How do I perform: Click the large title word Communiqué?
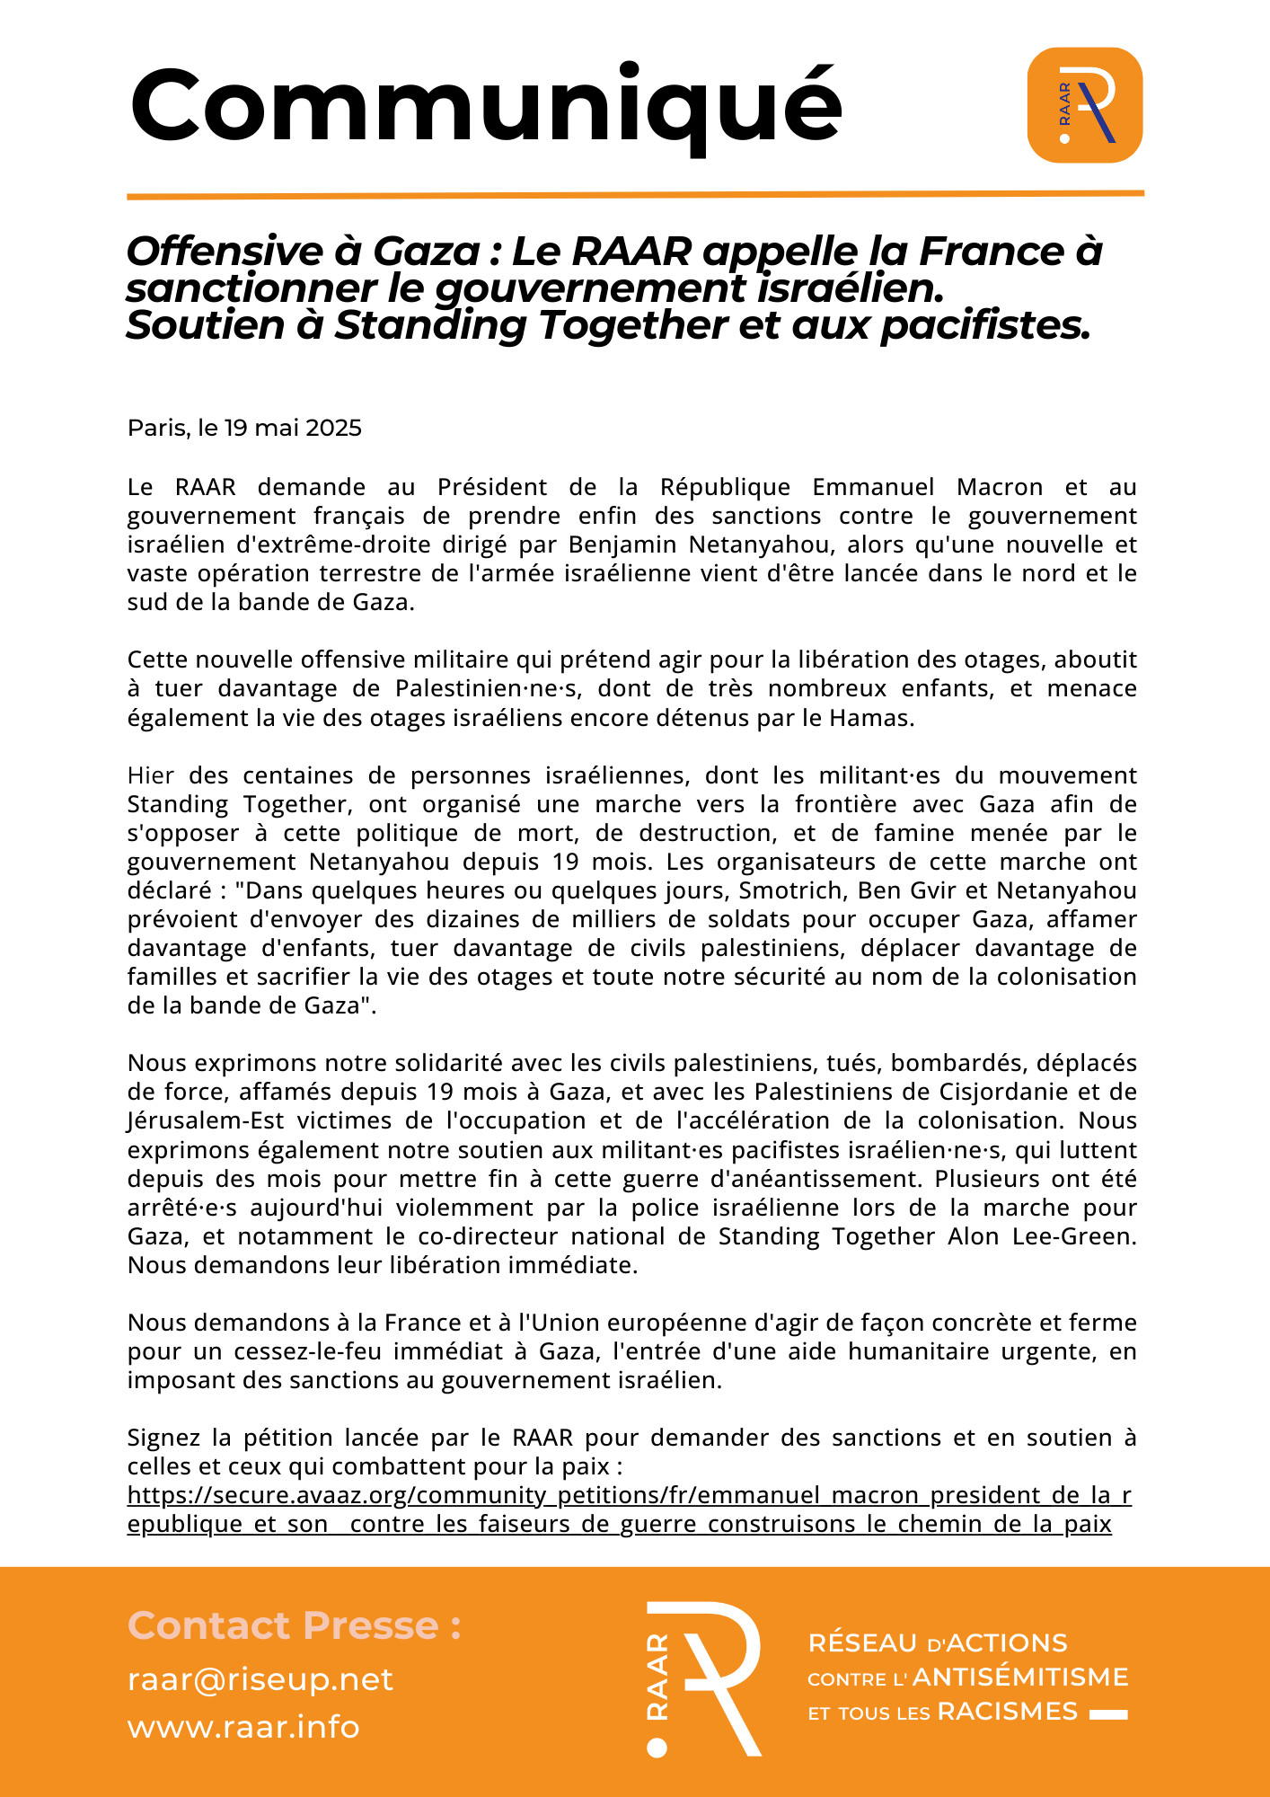pyautogui.click(x=486, y=105)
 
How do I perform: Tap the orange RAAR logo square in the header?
pyautogui.click(x=1084, y=105)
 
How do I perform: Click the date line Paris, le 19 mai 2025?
pyautogui.click(x=244, y=428)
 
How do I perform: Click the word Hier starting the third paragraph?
pyautogui.click(x=151, y=775)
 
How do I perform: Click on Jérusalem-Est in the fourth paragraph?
pyautogui.click(x=206, y=1120)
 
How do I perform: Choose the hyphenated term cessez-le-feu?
pyautogui.click(x=297, y=1351)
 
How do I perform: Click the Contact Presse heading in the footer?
pyautogui.click(x=295, y=1625)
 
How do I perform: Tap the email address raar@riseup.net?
pyautogui.click(x=260, y=1679)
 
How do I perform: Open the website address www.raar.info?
pyautogui.click(x=243, y=1727)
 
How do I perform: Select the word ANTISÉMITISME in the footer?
pyautogui.click(x=1020, y=1677)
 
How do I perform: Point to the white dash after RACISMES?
pyautogui.click(x=1108, y=1714)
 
